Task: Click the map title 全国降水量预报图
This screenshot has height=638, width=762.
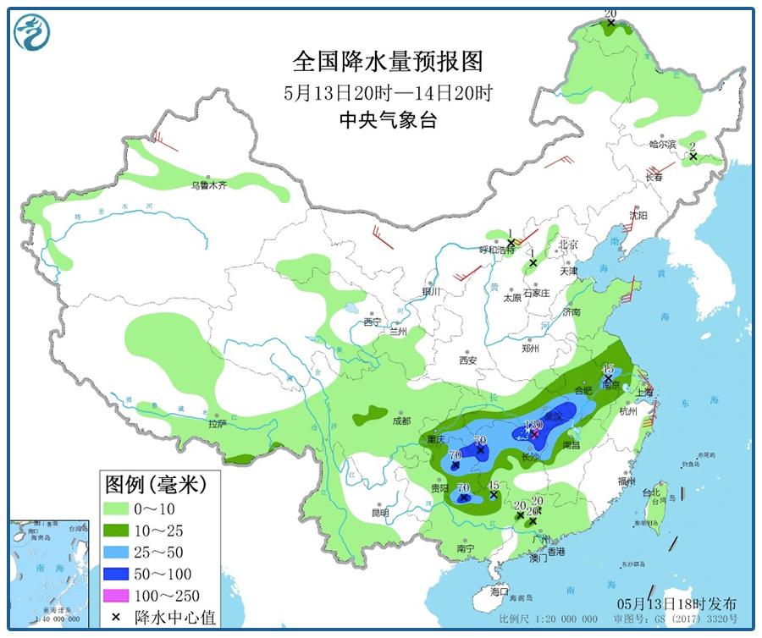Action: tap(387, 62)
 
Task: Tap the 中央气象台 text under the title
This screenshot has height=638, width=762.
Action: tap(387, 120)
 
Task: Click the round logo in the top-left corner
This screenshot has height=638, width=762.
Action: tap(32, 32)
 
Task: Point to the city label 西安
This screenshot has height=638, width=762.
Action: tap(467, 360)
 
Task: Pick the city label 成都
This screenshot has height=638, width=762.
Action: tap(400, 421)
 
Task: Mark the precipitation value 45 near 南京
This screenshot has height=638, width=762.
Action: tap(607, 368)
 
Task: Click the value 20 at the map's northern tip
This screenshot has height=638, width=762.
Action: tap(610, 14)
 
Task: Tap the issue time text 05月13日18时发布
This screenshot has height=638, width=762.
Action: tap(676, 603)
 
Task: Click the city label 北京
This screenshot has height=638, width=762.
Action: tap(568, 245)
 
